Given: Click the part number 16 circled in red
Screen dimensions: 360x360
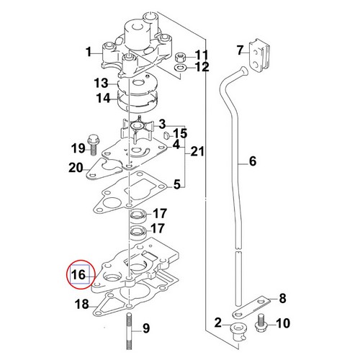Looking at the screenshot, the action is (x=78, y=274).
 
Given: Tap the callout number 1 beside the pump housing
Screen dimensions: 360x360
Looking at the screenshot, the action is (x=89, y=52).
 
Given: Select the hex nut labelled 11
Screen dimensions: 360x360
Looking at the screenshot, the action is (x=180, y=58).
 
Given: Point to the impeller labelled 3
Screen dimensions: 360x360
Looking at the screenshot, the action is (x=137, y=128).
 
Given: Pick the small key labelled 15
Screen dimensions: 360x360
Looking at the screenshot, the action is (x=166, y=135).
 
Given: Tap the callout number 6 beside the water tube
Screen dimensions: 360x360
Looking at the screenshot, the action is (x=253, y=161).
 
